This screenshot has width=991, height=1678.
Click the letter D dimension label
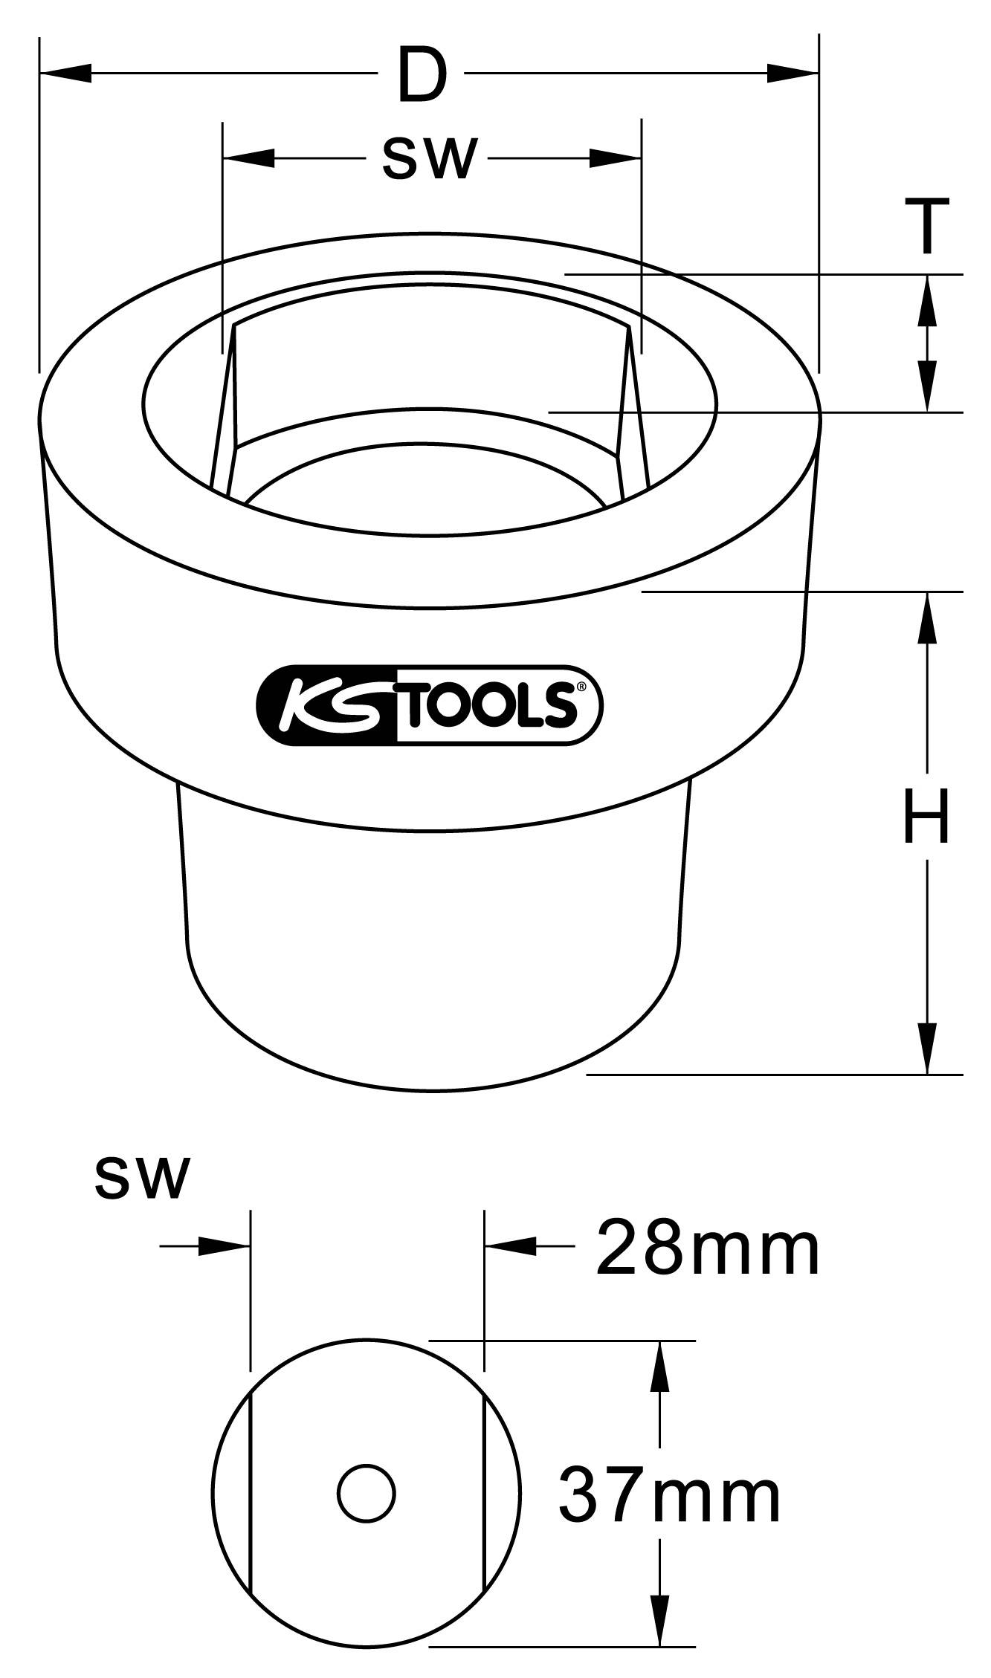point(422,74)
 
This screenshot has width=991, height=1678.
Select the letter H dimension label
point(926,817)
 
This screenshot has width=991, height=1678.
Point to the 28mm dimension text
point(706,1249)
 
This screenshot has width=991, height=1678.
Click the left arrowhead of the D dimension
point(67,73)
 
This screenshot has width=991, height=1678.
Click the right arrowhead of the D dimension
point(792,73)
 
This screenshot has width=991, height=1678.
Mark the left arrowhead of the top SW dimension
point(249,158)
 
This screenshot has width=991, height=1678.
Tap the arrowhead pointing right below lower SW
point(223,1245)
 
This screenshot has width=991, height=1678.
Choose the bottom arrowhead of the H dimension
point(926,1048)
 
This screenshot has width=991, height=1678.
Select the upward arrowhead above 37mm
point(658,1368)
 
